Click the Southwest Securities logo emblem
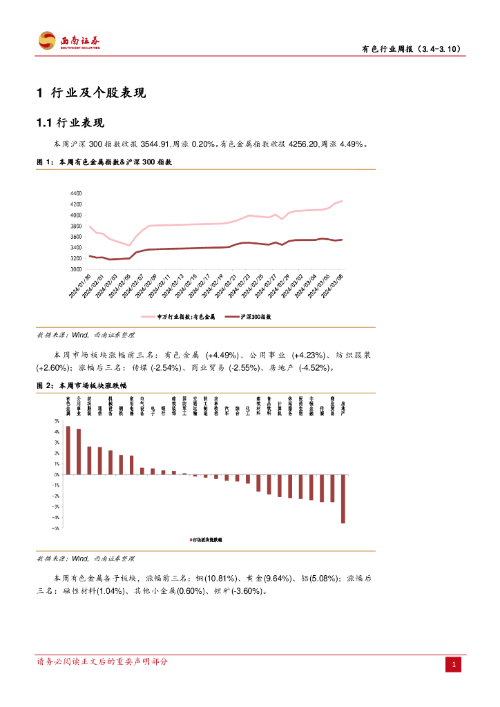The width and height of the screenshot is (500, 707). pyautogui.click(x=47, y=41)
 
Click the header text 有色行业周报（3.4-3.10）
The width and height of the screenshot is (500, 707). pyautogui.click(x=412, y=49)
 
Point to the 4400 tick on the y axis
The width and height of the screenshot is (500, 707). pyautogui.click(x=76, y=193)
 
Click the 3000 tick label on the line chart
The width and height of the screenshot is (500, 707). pyautogui.click(x=76, y=269)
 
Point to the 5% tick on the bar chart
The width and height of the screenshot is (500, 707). pyautogui.click(x=57, y=421)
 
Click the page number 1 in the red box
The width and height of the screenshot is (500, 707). pyautogui.click(x=454, y=665)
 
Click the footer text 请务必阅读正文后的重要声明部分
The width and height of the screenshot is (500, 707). pyautogui.click(x=102, y=661)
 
